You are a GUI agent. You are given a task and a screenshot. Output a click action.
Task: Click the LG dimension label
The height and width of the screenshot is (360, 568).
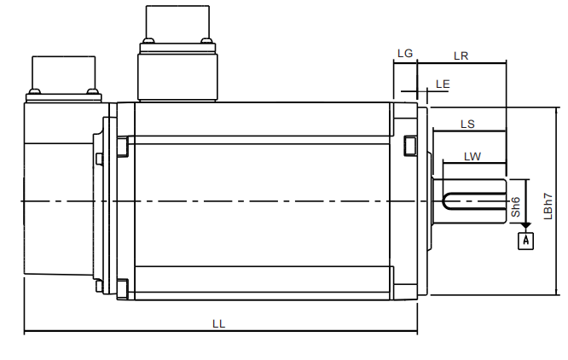(x=405, y=54)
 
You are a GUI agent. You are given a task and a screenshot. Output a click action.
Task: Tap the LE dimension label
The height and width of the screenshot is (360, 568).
(x=442, y=84)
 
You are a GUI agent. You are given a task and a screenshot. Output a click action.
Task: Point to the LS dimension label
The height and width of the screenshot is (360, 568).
(x=467, y=124)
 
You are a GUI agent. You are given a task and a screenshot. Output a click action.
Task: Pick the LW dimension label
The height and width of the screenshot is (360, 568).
(x=472, y=156)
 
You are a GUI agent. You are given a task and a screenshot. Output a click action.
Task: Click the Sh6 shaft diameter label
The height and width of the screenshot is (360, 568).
(x=516, y=205)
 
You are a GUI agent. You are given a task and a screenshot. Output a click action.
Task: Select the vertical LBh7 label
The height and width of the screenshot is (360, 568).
(x=550, y=202)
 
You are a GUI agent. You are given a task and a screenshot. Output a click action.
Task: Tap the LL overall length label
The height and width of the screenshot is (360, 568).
(x=219, y=324)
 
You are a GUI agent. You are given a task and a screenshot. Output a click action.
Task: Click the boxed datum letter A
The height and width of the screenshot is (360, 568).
(x=526, y=241)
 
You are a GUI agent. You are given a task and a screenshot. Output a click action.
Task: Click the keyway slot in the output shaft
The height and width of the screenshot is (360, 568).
(x=473, y=201)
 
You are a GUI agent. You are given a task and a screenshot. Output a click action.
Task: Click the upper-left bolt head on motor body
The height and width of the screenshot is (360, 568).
(x=122, y=147)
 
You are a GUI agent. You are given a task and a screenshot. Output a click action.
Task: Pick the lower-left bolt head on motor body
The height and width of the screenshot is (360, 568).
(x=122, y=287)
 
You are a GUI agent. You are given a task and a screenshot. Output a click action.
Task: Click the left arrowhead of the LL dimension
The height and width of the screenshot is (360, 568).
(x=27, y=331)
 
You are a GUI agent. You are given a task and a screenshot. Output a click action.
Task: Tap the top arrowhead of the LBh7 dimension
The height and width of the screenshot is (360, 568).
(x=558, y=112)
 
